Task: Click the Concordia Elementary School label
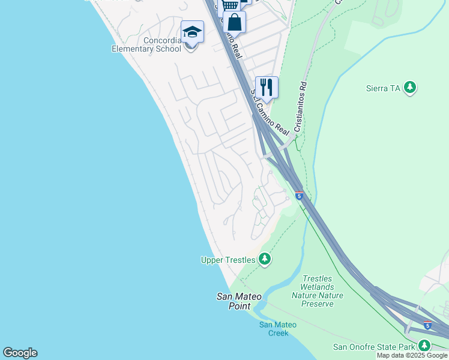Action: [x=146, y=45]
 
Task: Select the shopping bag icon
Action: [x=235, y=23]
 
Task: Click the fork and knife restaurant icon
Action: [x=266, y=87]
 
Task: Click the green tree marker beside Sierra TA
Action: [x=410, y=88]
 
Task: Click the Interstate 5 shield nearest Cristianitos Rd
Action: [x=299, y=196]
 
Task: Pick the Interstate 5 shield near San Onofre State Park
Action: [x=427, y=325]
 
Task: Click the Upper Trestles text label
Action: [x=228, y=260]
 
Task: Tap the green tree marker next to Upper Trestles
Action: [x=264, y=259]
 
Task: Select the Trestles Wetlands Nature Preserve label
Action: [x=318, y=291]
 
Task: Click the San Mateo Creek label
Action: [x=277, y=329]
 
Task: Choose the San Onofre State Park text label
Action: [x=374, y=347]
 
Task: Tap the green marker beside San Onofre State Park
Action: [x=424, y=346]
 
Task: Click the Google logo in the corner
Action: [x=20, y=353]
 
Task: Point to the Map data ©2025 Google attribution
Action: [x=412, y=356]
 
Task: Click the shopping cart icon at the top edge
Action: [x=230, y=5]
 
